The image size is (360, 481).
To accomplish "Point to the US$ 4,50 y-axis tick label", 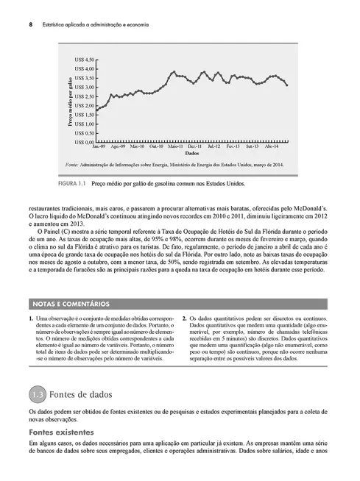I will [85, 59].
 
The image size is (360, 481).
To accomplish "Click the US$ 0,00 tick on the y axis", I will [85, 142].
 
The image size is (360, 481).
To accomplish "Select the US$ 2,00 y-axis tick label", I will [85, 105].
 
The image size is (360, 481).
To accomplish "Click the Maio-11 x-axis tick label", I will [174, 147].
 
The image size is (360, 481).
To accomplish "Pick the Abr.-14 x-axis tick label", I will [272, 147].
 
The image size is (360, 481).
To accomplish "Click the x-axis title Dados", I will [191, 154].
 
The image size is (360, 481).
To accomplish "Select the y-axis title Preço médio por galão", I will [71, 100].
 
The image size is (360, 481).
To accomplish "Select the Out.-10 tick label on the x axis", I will [155, 147].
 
